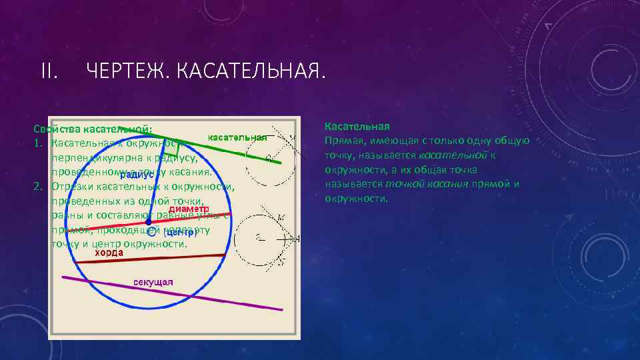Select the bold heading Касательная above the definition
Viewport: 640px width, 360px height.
tap(357, 126)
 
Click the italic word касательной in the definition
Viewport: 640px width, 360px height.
tap(457, 155)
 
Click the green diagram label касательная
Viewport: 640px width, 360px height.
tap(237, 137)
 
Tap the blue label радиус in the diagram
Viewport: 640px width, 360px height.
tap(137, 175)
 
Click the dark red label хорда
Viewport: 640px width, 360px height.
tap(108, 253)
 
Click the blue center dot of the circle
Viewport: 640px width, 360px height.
tap(149, 221)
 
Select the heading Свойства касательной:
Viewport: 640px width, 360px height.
tap(93, 128)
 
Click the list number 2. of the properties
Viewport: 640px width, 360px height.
tap(39, 185)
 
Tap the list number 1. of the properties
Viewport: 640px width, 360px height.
tap(39, 143)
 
